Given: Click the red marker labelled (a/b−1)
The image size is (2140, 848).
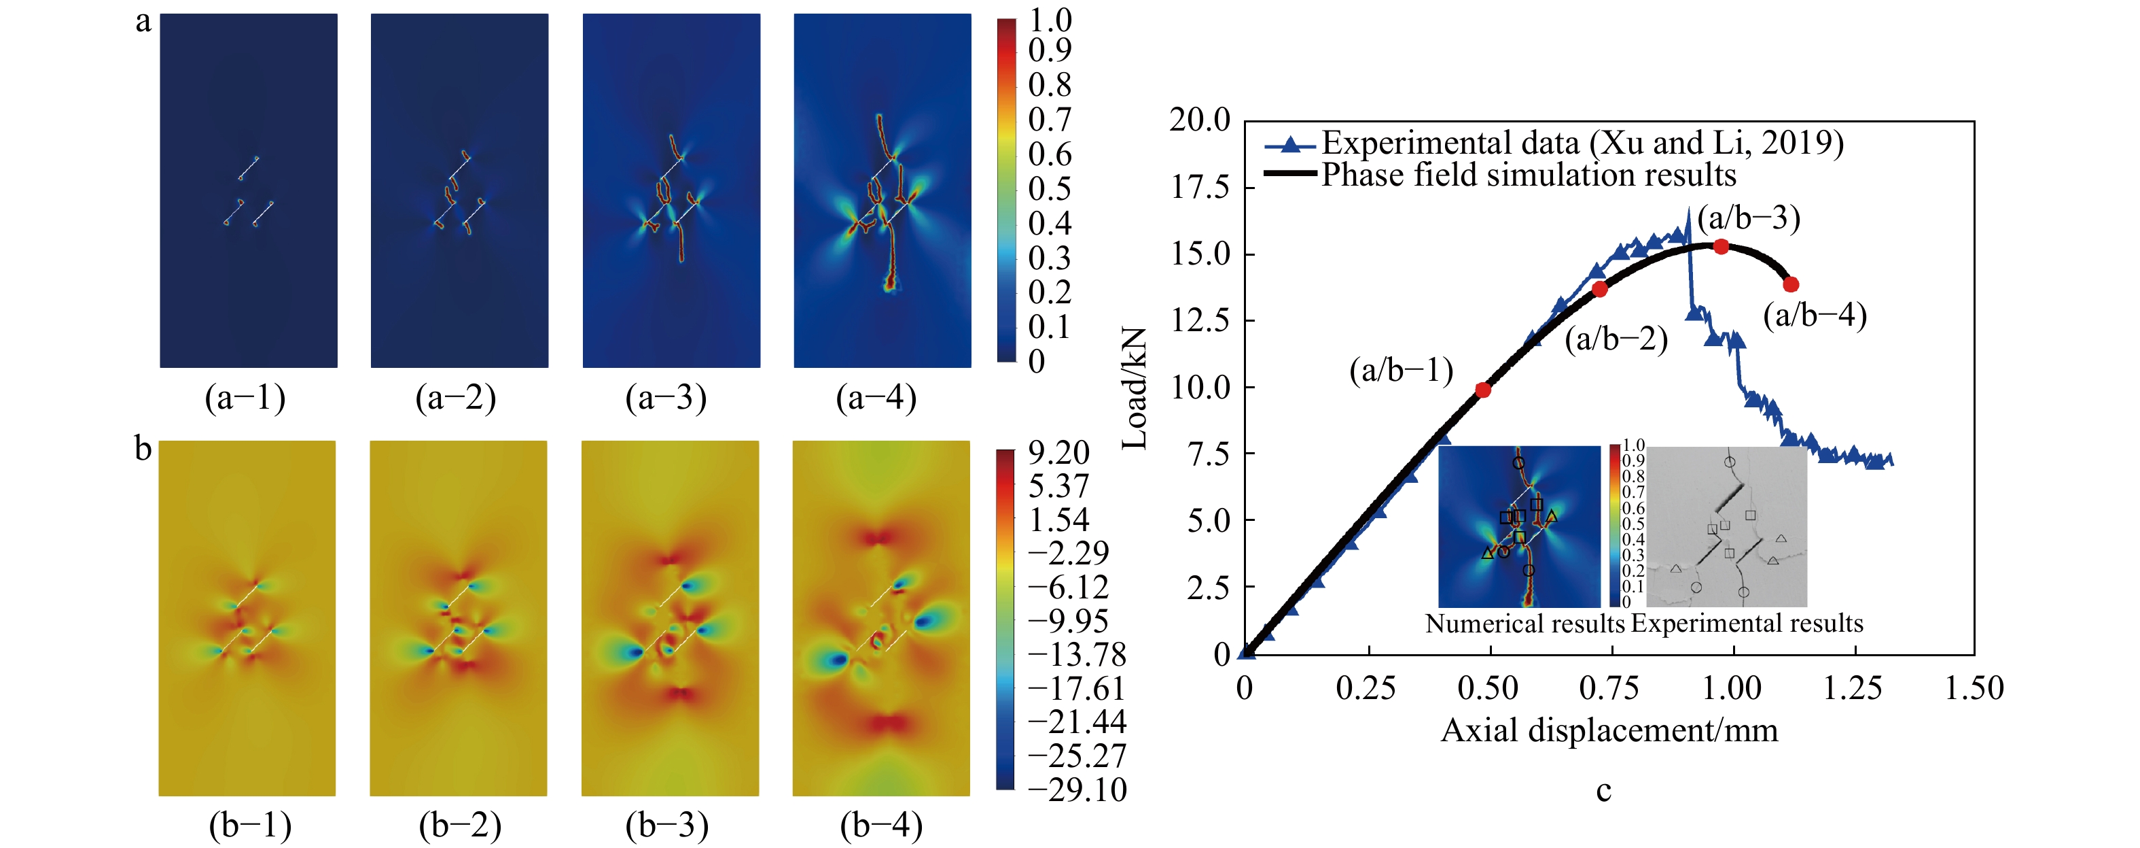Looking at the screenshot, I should pos(1483,390).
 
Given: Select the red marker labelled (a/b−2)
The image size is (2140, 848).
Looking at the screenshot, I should pos(1600,289).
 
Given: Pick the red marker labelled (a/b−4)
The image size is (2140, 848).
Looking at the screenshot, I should pos(1791,284).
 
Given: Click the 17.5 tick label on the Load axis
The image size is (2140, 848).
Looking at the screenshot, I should pos(1200,188).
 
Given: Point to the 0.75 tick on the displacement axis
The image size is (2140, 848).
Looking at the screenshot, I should pos(1609,688).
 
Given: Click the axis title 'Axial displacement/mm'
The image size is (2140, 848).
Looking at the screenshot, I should pos(1609,731).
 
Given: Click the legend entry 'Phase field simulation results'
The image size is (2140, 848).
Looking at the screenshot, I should pos(1529,175).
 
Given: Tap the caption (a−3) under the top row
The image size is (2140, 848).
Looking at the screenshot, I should pos(665,398).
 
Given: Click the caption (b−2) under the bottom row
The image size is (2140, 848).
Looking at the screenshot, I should pos(460,826).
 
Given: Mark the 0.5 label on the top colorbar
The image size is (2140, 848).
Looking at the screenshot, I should pos(1049,190).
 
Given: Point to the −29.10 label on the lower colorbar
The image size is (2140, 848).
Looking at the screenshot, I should pos(1077,790).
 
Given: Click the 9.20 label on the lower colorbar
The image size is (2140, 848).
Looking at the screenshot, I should pos(1058,453).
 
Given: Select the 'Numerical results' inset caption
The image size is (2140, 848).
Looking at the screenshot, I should pos(1524,624).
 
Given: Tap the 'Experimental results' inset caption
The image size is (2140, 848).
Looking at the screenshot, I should pos(1747,624).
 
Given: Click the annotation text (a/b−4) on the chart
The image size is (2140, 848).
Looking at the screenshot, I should pos(1815,316).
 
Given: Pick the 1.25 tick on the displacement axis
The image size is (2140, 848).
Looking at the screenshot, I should pos(1853,688).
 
